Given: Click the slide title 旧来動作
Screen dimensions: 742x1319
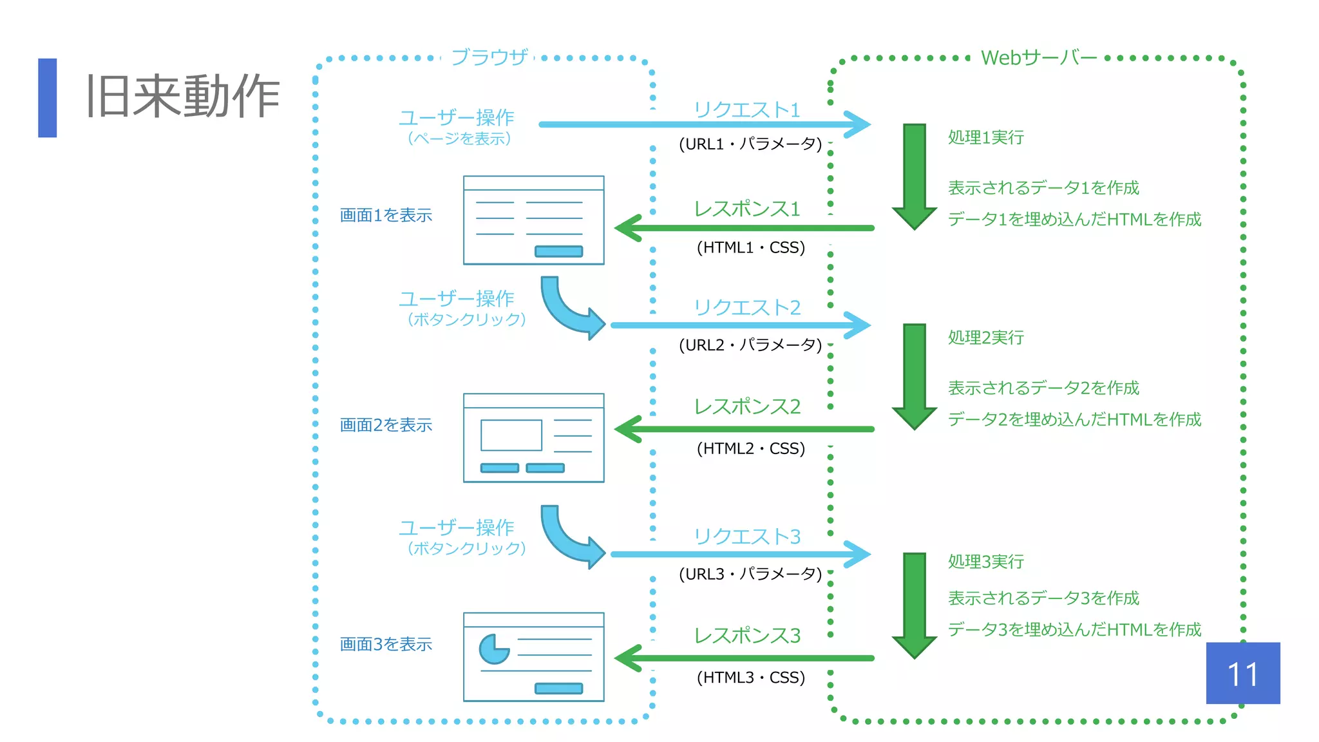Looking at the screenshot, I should (x=183, y=97).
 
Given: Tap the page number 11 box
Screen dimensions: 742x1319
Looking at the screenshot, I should (x=1242, y=673).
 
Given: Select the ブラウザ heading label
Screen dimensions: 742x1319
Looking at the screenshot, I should (x=489, y=57).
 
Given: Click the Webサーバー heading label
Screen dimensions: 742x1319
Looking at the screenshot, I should (x=1038, y=57).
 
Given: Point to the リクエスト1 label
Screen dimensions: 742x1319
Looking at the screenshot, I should (x=747, y=109).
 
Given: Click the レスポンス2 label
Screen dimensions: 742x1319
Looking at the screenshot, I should (x=747, y=406).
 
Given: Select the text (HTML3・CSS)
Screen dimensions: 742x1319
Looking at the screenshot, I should (x=751, y=678).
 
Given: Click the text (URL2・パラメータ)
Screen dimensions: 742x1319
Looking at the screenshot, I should (x=751, y=345).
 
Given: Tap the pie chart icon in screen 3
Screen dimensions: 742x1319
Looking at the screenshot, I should (x=493, y=649).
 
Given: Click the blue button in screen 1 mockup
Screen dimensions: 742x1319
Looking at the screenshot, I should (x=558, y=251).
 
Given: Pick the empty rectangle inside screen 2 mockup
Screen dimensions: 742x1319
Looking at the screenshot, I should (x=511, y=435).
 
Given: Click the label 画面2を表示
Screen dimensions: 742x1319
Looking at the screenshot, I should (x=386, y=425).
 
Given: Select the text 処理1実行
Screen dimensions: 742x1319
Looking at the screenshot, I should (x=985, y=137).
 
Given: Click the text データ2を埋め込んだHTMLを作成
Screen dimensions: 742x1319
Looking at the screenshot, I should (x=1074, y=419).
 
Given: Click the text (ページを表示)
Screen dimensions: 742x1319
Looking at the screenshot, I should (x=459, y=138).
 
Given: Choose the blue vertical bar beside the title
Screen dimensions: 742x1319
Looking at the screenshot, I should (x=48, y=98).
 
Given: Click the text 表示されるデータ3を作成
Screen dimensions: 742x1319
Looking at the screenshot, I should (x=1043, y=598).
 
